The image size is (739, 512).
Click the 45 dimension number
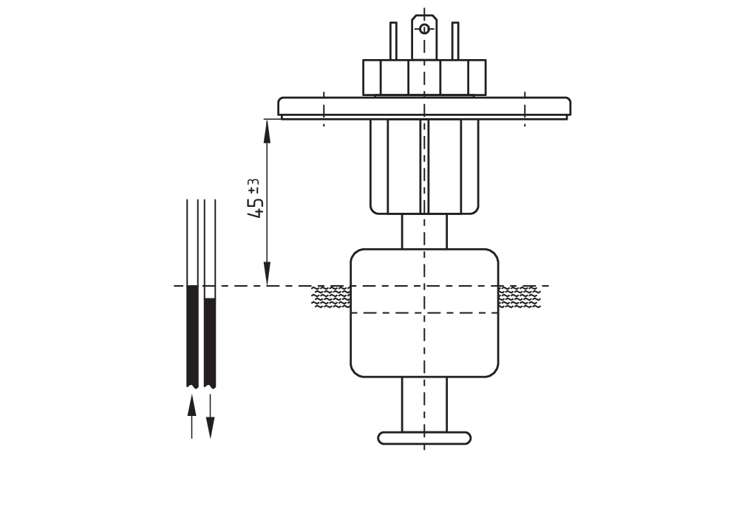[x=256, y=206]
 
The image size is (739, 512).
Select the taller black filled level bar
[x=192, y=335]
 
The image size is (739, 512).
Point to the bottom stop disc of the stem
[x=424, y=437]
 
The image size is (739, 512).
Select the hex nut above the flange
[x=424, y=77]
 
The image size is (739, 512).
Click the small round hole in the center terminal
[x=424, y=29]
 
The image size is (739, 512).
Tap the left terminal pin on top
[x=393, y=41]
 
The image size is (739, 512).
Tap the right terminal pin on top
[x=455, y=41]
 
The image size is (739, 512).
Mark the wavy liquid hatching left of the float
[x=330, y=297]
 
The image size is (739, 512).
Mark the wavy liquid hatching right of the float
[x=519, y=297]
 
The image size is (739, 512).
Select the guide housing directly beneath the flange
[x=424, y=166]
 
